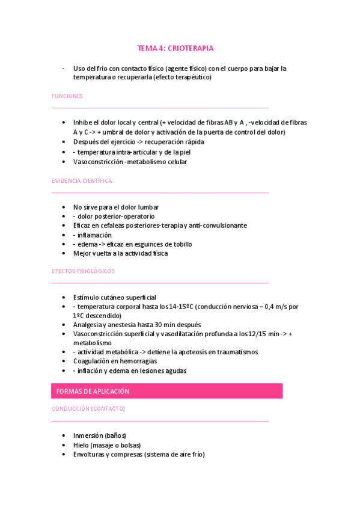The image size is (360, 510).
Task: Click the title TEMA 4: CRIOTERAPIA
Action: pos(175,48)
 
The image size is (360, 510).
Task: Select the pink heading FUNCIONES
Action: pos(67,96)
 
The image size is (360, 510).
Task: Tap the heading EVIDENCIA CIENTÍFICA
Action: pos(82,181)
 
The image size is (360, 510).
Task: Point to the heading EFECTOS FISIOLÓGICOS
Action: pos(83,271)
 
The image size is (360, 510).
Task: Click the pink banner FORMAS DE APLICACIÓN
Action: pos(93,391)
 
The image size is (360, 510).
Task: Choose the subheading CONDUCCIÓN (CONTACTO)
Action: pos(88,409)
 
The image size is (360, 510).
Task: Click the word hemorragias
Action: pos(139,361)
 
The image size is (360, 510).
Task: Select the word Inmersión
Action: pos(88,435)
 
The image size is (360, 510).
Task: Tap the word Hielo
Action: pos(81,445)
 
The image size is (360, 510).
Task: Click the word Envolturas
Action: pos(91,455)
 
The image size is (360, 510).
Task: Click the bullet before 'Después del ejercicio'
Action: pos(64,143)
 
